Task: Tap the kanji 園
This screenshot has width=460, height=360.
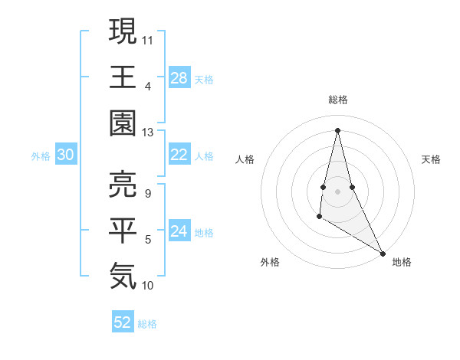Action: point(123,123)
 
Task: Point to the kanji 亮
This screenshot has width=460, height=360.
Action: point(123,184)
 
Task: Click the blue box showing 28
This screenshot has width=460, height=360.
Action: point(179,77)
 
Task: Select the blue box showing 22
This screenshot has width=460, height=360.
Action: point(179,155)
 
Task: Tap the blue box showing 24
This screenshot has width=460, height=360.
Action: point(179,231)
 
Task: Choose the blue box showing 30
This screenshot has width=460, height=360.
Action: point(66,155)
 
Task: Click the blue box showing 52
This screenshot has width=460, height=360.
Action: point(123,322)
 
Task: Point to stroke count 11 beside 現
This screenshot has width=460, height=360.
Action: point(149,38)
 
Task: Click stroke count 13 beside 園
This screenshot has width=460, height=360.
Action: point(149,133)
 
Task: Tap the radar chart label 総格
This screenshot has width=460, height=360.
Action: point(337,100)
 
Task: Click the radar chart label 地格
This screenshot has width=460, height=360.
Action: point(402,262)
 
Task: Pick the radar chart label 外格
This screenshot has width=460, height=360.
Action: point(270,262)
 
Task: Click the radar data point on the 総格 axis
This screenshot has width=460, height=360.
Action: point(337,129)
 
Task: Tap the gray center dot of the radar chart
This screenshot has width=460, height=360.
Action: point(337,190)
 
